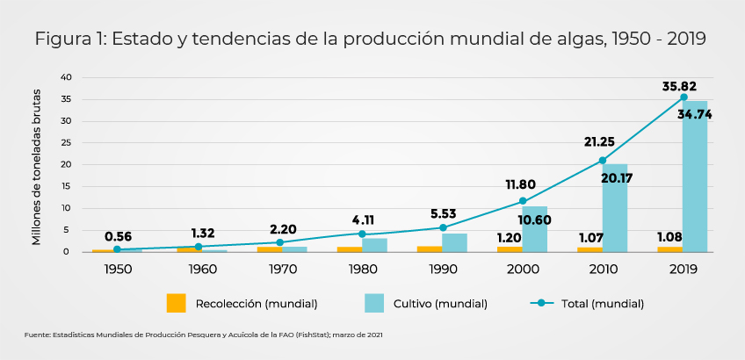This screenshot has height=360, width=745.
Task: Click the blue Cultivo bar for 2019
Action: coord(695,176)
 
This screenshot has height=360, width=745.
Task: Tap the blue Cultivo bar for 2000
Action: coord(534,229)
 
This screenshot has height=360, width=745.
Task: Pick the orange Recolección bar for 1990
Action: coord(430,248)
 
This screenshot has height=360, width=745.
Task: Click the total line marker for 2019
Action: coord(684,97)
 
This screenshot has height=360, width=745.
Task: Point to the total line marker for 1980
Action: coord(362,234)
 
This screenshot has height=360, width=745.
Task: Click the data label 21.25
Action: coord(599,141)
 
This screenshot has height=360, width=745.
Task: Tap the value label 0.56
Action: coord(119,236)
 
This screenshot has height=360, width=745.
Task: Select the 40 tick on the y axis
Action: coord(66,77)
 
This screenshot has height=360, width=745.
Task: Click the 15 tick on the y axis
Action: coord(66,186)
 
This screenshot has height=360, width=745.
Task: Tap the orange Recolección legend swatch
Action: coord(177,303)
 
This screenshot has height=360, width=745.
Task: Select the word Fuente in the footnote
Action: coord(37,335)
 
